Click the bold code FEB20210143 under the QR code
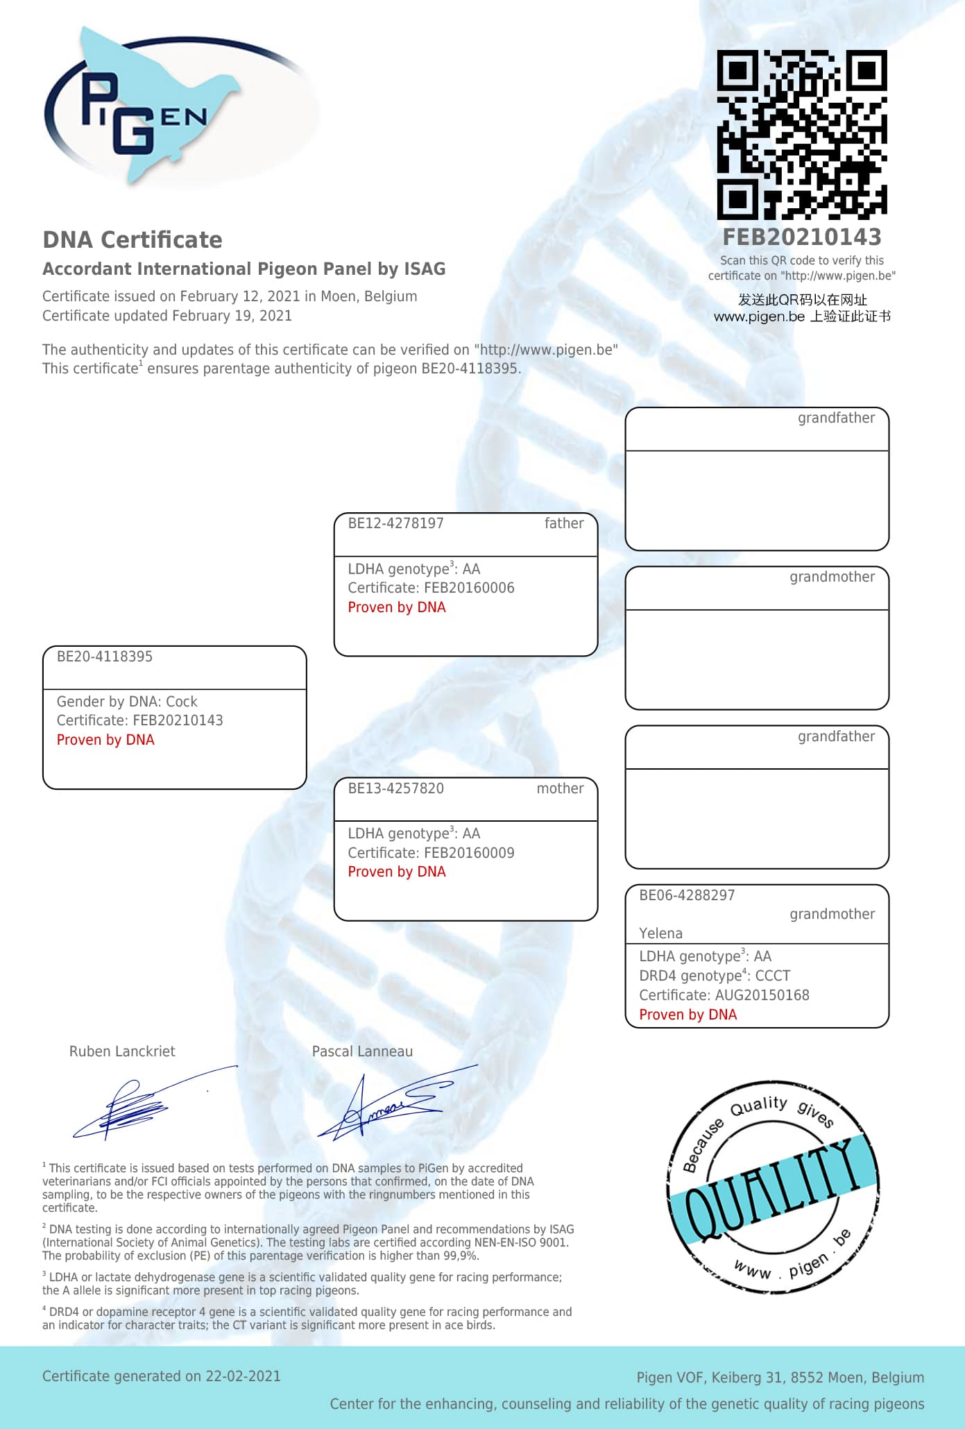tap(801, 237)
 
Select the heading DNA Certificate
tap(133, 240)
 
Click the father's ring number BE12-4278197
tap(395, 523)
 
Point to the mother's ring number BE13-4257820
tap(395, 788)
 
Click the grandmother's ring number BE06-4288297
tap(687, 895)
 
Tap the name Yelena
tap(660, 933)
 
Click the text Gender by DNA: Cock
tap(127, 702)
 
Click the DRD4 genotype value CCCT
tap(772, 976)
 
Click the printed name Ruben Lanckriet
tap(122, 1051)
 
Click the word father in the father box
tap(564, 523)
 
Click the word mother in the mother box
tap(560, 788)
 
